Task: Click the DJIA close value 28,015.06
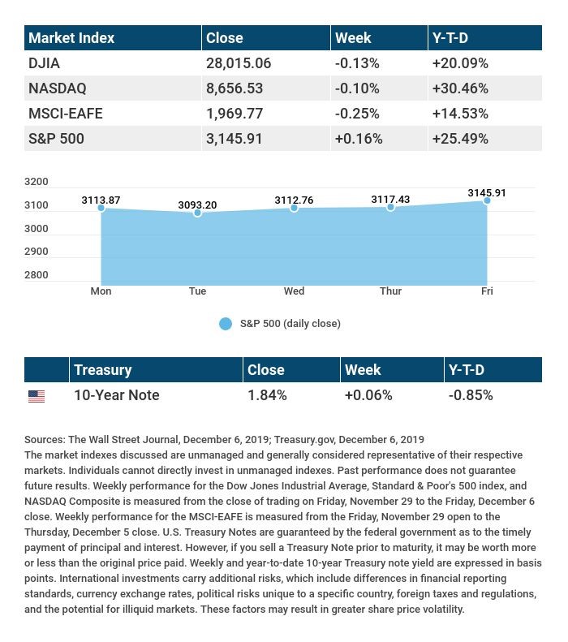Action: pos(239,63)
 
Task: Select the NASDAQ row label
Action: pos(58,88)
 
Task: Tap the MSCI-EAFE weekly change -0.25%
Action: pos(357,114)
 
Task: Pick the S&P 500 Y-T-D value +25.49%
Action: pos(460,139)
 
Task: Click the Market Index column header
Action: pos(71,37)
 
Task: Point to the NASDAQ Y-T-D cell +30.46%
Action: pos(460,88)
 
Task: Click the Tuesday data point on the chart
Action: pos(197,213)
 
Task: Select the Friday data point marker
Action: pos(487,200)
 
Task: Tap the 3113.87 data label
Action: pos(101,200)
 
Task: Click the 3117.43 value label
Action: pos(390,199)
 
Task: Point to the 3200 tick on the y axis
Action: pos(36,181)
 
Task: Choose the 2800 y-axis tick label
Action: pos(36,274)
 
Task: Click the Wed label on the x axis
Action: pos(294,291)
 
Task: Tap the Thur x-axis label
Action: pos(390,291)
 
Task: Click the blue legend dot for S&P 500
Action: pos(226,324)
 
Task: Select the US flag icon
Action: pos(37,396)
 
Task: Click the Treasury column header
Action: pos(103,370)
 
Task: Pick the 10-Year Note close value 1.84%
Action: pos(267,395)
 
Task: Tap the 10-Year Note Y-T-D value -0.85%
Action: pos(470,395)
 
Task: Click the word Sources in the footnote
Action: pos(45,440)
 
